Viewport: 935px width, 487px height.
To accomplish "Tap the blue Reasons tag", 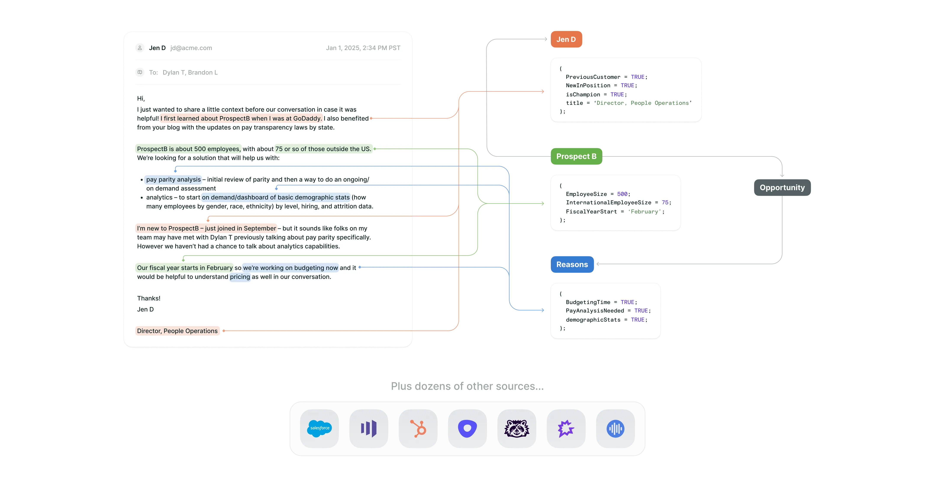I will coord(572,264).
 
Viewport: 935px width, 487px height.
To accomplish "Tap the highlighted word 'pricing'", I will coord(240,277).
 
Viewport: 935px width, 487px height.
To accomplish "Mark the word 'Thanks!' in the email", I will coord(148,298).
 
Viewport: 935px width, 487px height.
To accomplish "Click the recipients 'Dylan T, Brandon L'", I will coord(190,73).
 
